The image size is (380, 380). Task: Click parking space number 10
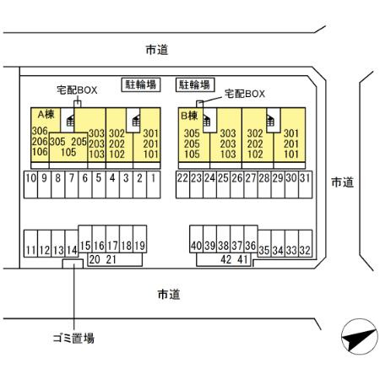pos(30,179)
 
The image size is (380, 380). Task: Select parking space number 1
pos(153,179)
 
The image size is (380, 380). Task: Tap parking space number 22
pos(182,179)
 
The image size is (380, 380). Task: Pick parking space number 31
pos(305,179)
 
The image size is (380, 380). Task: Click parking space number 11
pos(30,250)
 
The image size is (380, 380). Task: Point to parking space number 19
pos(140,245)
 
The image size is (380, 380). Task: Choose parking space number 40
pos(197,245)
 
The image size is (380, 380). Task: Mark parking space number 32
pos(305,251)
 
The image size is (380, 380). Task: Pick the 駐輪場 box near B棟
pos(194,84)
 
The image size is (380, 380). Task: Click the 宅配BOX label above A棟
pos(77,89)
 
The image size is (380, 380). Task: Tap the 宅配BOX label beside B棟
pos(244,94)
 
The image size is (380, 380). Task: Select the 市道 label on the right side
pos(342,182)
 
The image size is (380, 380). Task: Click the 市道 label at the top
pos(157,50)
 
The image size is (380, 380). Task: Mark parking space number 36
pos(251,245)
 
